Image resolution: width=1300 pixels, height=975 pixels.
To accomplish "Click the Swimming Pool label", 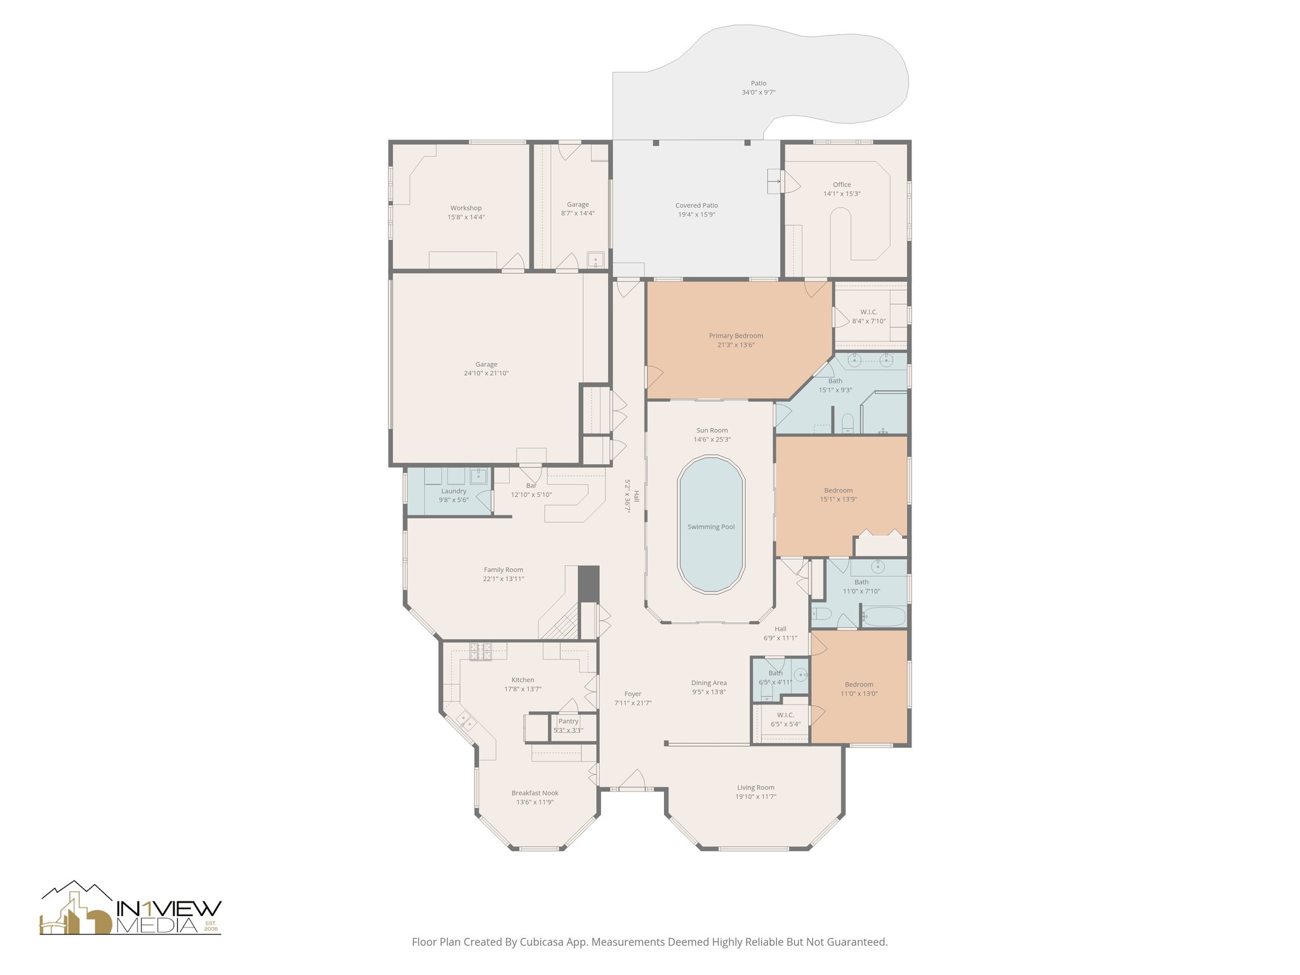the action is point(711,527).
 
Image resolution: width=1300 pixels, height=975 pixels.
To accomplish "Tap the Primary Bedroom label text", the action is point(736,336).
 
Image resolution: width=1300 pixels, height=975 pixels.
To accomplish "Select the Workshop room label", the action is point(466,208).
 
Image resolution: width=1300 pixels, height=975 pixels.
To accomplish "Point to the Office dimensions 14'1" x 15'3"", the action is point(842,194).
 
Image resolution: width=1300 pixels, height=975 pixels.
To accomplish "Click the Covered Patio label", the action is point(696,206).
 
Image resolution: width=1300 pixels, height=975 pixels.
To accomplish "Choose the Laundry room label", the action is point(454,491).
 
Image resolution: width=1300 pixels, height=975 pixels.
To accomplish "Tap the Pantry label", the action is point(568,721).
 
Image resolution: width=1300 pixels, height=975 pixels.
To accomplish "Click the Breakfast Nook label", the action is point(535,793).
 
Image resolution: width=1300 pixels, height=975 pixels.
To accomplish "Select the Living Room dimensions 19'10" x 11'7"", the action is point(755,797).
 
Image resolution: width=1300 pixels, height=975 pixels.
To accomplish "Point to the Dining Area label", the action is point(709,683).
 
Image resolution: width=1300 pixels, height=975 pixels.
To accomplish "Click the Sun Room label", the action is point(712,430).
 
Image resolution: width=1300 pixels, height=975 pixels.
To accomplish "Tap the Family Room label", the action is point(503,570).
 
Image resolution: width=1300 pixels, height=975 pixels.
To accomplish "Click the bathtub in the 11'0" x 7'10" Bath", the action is point(884,616).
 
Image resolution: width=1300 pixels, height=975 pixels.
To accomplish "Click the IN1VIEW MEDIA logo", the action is point(131,908).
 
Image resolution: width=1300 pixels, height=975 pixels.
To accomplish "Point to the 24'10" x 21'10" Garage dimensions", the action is point(486,373).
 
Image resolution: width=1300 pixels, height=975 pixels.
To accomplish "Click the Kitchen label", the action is point(523,680).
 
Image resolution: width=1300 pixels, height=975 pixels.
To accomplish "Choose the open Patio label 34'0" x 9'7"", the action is point(759,88).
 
